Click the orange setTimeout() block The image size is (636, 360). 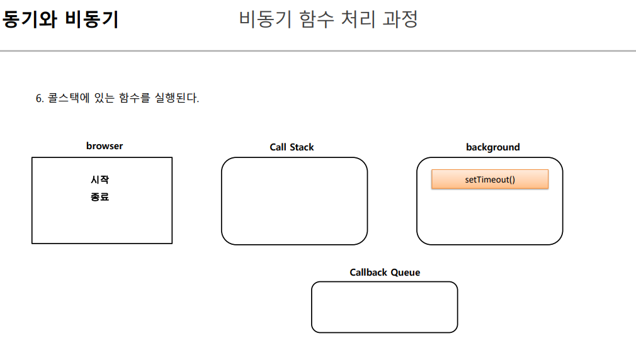[490, 179]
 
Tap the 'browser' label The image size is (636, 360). [105, 146]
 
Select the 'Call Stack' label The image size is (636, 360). [292, 147]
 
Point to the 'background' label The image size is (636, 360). [492, 147]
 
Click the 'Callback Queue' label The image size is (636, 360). [385, 273]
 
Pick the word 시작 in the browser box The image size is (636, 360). [100, 180]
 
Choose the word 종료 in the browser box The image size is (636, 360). [100, 197]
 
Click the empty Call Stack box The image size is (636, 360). [294, 201]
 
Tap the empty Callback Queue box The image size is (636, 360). [384, 307]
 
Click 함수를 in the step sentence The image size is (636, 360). [134, 99]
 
